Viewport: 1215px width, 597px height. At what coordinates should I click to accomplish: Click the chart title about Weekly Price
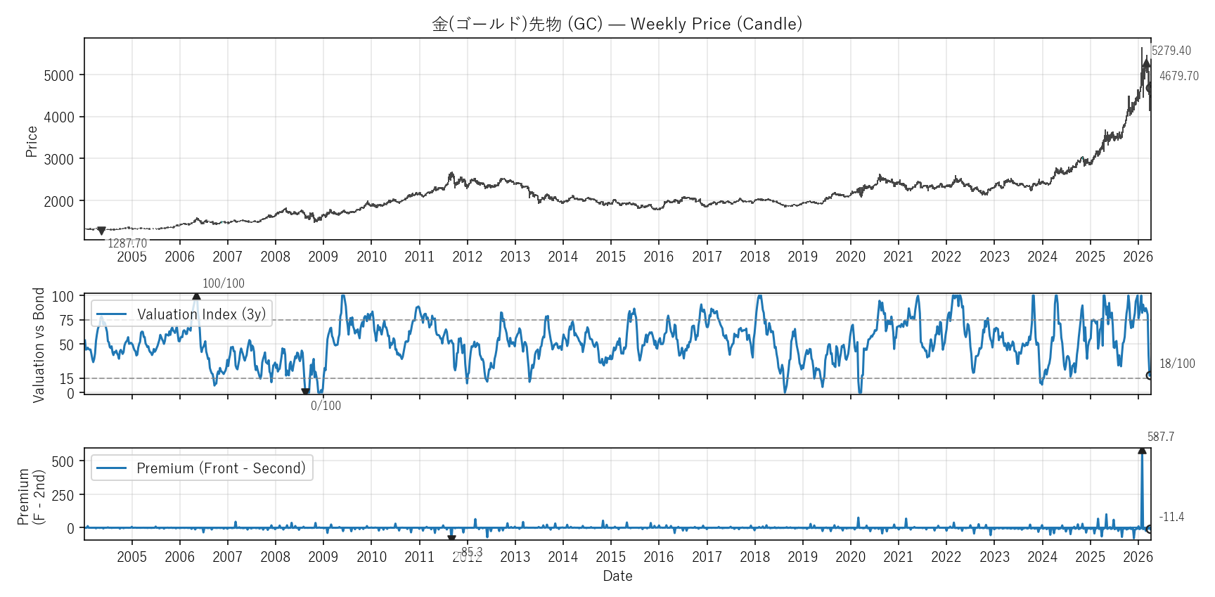[x=617, y=24]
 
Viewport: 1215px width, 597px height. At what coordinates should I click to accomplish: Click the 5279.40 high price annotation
[x=1171, y=51]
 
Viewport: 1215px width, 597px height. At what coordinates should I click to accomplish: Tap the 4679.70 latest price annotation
[x=1179, y=76]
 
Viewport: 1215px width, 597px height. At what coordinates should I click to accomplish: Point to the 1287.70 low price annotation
[x=127, y=243]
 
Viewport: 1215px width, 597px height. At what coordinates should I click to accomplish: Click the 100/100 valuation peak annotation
[x=224, y=283]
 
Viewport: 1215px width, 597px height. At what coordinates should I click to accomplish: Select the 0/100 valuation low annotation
[x=326, y=406]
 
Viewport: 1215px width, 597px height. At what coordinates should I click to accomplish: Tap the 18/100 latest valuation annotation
[x=1177, y=364]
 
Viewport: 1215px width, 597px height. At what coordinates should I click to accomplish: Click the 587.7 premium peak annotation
[x=1161, y=437]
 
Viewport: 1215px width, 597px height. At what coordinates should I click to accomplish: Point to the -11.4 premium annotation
[x=1171, y=517]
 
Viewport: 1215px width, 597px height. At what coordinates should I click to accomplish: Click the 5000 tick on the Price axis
[x=59, y=76]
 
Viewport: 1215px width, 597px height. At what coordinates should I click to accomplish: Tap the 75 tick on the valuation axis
[x=66, y=321]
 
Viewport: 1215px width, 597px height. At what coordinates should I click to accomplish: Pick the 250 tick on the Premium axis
[x=63, y=495]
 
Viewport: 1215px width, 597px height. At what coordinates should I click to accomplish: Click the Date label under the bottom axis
[x=617, y=576]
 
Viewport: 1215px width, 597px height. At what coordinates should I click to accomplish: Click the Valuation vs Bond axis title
[x=39, y=345]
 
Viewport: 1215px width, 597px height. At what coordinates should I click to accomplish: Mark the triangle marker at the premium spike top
[x=1142, y=451]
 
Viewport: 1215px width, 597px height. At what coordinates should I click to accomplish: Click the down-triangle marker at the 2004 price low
[x=101, y=231]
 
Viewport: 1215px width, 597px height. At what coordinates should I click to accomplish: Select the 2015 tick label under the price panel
[x=610, y=257]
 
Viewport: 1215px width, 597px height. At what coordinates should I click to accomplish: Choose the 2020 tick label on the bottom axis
[x=850, y=557]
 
